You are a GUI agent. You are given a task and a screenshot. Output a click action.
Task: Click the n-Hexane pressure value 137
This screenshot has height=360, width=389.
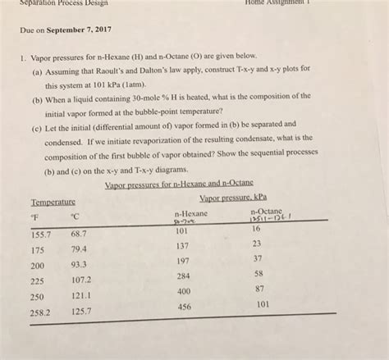click(182, 246)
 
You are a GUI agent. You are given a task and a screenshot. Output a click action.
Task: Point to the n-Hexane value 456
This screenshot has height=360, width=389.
click(184, 307)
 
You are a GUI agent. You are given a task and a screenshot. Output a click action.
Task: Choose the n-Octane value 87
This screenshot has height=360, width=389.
click(259, 289)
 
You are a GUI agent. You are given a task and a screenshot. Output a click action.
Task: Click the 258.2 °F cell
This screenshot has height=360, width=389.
click(41, 312)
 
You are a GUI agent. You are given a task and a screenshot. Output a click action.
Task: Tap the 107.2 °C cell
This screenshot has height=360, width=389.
click(81, 280)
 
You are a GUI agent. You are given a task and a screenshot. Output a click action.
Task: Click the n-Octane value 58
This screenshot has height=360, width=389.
click(259, 273)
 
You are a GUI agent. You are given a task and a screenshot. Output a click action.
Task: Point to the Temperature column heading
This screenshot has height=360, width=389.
click(53, 202)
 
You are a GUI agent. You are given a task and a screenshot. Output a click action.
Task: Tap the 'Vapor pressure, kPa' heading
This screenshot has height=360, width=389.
click(233, 198)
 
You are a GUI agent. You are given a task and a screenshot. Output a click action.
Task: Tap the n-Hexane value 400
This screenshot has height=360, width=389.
click(183, 291)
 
